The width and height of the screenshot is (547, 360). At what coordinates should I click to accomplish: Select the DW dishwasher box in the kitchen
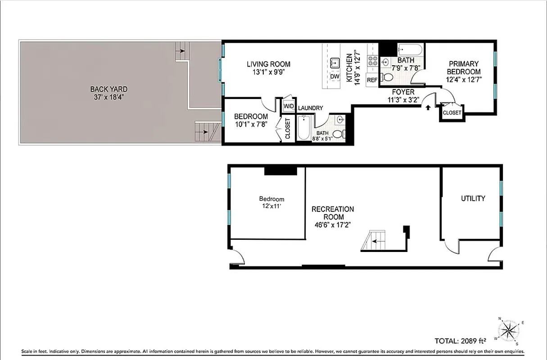pyautogui.click(x=335, y=76)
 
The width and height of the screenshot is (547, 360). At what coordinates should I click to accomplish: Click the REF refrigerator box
pyautogui.click(x=372, y=80)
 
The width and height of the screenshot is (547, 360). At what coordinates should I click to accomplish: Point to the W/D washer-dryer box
pyautogui.click(x=288, y=106)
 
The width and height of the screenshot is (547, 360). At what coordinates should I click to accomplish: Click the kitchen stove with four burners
pyautogui.click(x=373, y=61)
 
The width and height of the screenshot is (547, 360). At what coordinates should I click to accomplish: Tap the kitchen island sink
pyautogui.click(x=335, y=62)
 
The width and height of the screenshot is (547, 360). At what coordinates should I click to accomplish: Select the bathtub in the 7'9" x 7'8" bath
pyautogui.click(x=410, y=49)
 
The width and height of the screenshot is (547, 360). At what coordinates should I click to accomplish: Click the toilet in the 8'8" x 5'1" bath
pyautogui.click(x=338, y=134)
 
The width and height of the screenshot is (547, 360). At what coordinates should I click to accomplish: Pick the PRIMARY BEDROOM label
pyautogui.click(x=463, y=67)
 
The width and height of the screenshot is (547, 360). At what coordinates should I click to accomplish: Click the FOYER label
pyautogui.click(x=403, y=92)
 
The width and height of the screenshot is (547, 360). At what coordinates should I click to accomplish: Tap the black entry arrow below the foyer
pyautogui.click(x=427, y=108)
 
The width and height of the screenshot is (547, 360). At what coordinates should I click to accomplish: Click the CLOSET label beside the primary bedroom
pyautogui.click(x=452, y=112)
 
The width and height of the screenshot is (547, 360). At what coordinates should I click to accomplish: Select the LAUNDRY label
pyautogui.click(x=310, y=108)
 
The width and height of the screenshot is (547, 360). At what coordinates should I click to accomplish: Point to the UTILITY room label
pyautogui.click(x=473, y=198)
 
